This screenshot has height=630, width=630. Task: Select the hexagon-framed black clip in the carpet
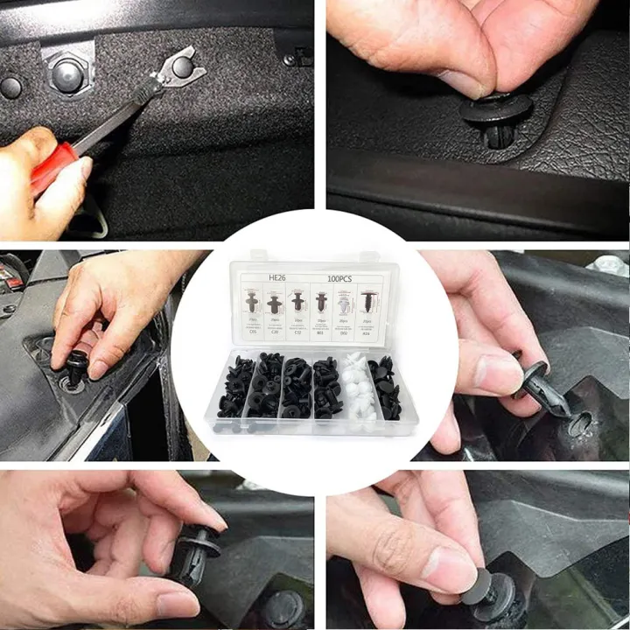pos(67,75)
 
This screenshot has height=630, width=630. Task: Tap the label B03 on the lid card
pos(321,333)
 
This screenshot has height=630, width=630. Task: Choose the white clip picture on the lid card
pos(344,303)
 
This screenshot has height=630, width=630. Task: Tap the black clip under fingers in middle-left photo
pos(77,367)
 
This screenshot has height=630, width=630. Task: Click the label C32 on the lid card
pos(297,333)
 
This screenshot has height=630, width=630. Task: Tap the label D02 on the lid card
pos(344,333)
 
